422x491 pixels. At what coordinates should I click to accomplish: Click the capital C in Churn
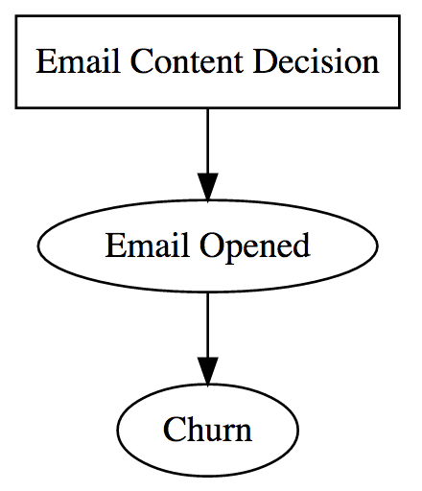click(x=173, y=430)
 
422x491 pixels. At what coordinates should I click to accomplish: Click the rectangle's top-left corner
click(x=16, y=17)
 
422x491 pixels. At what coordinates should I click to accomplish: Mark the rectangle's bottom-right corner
click(x=398, y=107)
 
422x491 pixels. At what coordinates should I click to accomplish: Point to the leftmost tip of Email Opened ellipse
click(x=37, y=246)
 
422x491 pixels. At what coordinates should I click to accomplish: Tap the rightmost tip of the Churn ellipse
click(x=298, y=430)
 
